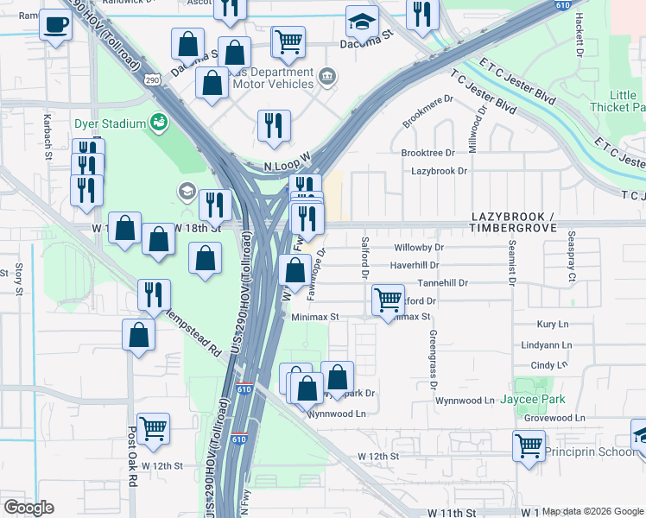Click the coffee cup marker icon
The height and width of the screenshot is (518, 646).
click(57, 26)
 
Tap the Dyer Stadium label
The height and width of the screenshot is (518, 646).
click(109, 123)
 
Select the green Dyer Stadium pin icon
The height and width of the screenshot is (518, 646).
click(158, 123)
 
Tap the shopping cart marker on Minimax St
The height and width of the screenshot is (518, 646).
click(389, 300)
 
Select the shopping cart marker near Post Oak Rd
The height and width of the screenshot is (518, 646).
click(153, 427)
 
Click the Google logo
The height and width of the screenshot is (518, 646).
click(28, 508)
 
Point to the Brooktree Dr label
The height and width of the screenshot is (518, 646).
click(427, 152)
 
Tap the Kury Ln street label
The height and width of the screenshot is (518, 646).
click(552, 325)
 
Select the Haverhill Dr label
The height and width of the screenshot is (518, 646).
click(415, 265)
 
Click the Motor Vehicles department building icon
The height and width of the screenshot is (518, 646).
click(326, 77)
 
